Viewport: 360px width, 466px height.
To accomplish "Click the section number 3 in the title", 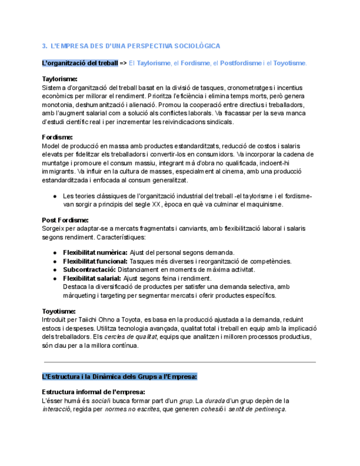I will [44, 46].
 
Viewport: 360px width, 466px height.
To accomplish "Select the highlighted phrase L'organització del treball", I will [80, 63].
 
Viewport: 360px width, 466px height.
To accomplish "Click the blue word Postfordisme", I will [241, 63].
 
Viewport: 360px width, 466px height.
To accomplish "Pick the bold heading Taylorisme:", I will [59, 79].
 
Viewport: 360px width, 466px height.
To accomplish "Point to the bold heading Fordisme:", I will [57, 137].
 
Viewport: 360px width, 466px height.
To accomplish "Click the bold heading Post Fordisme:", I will [65, 220].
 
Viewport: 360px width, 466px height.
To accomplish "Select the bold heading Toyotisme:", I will [58, 311].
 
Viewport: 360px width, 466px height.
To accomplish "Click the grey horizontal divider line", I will [180, 362].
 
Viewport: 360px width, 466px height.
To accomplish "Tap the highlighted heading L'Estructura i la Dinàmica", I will [119, 376].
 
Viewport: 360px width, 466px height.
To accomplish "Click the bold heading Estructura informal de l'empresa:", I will [93, 392].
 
